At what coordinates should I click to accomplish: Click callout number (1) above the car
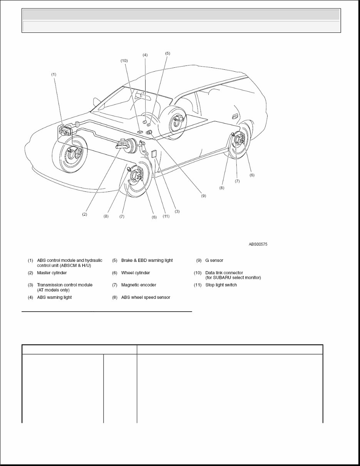point(54,74)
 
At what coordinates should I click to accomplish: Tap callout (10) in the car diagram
point(124,61)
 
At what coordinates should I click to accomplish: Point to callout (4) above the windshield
point(145,55)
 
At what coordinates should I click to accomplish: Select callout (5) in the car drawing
point(167,54)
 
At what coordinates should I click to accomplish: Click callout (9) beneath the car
point(203,196)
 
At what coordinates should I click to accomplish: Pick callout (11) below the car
point(166,216)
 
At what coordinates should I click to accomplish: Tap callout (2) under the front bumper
point(84,215)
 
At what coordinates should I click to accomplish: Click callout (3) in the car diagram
point(177,211)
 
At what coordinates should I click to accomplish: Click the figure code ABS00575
point(258,244)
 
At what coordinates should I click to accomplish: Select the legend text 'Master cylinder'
point(52,273)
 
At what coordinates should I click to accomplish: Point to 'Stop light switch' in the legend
point(221,285)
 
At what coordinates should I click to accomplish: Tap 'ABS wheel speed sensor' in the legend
point(146,297)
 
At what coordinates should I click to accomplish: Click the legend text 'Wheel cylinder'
point(136,273)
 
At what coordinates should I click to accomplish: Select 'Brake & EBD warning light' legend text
point(147,261)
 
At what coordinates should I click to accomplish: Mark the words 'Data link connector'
point(224,273)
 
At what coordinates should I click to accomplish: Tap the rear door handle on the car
point(234,116)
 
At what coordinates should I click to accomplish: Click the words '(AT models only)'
point(53,290)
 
